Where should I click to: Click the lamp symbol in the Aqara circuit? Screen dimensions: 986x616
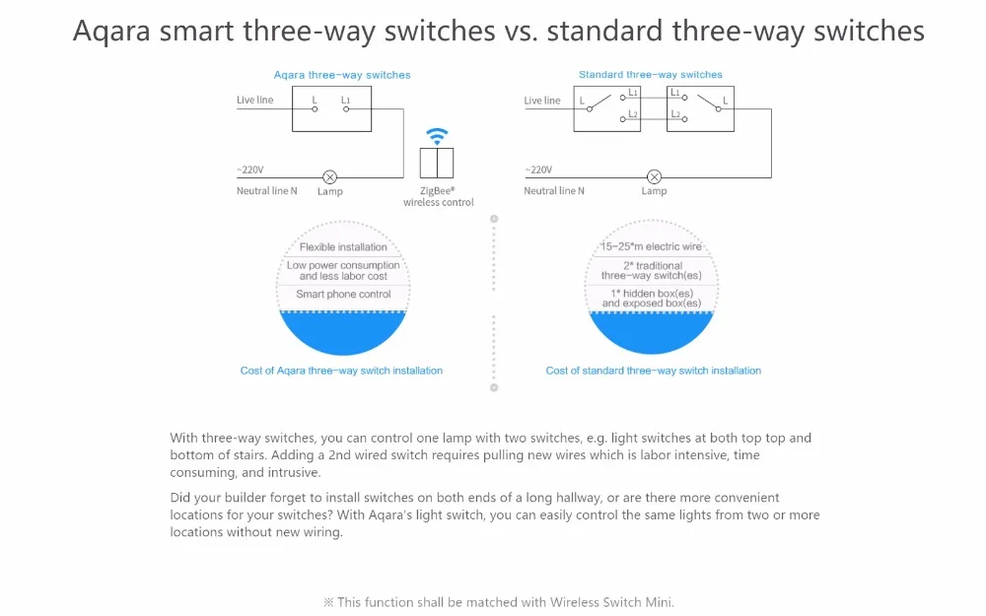click(330, 177)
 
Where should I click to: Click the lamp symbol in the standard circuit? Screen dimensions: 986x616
click(653, 177)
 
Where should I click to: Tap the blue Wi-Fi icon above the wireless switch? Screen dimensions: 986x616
click(438, 136)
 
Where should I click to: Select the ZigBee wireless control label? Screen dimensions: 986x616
click(438, 196)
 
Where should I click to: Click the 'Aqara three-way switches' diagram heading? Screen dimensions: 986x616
click(342, 75)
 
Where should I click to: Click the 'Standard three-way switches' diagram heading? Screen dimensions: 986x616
click(650, 75)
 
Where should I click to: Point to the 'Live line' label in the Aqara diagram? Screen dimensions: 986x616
click(255, 101)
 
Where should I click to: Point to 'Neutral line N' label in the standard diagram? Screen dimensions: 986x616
click(554, 191)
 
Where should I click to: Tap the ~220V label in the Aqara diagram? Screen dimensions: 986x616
click(250, 170)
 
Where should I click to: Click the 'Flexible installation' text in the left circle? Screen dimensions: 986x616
click(343, 247)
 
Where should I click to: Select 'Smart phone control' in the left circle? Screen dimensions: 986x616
click(343, 295)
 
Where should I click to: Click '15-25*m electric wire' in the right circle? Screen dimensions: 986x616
click(651, 247)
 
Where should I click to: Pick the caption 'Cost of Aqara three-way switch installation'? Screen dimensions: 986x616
click(341, 372)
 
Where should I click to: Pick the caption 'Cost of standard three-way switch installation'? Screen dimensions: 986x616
click(653, 372)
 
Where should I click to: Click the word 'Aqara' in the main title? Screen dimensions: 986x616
click(117, 32)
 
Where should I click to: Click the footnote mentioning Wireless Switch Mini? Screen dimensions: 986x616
click(498, 602)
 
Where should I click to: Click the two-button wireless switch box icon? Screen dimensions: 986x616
click(438, 163)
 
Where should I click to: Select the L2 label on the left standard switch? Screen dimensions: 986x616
click(633, 115)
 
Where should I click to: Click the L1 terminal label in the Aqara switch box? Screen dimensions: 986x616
click(346, 101)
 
